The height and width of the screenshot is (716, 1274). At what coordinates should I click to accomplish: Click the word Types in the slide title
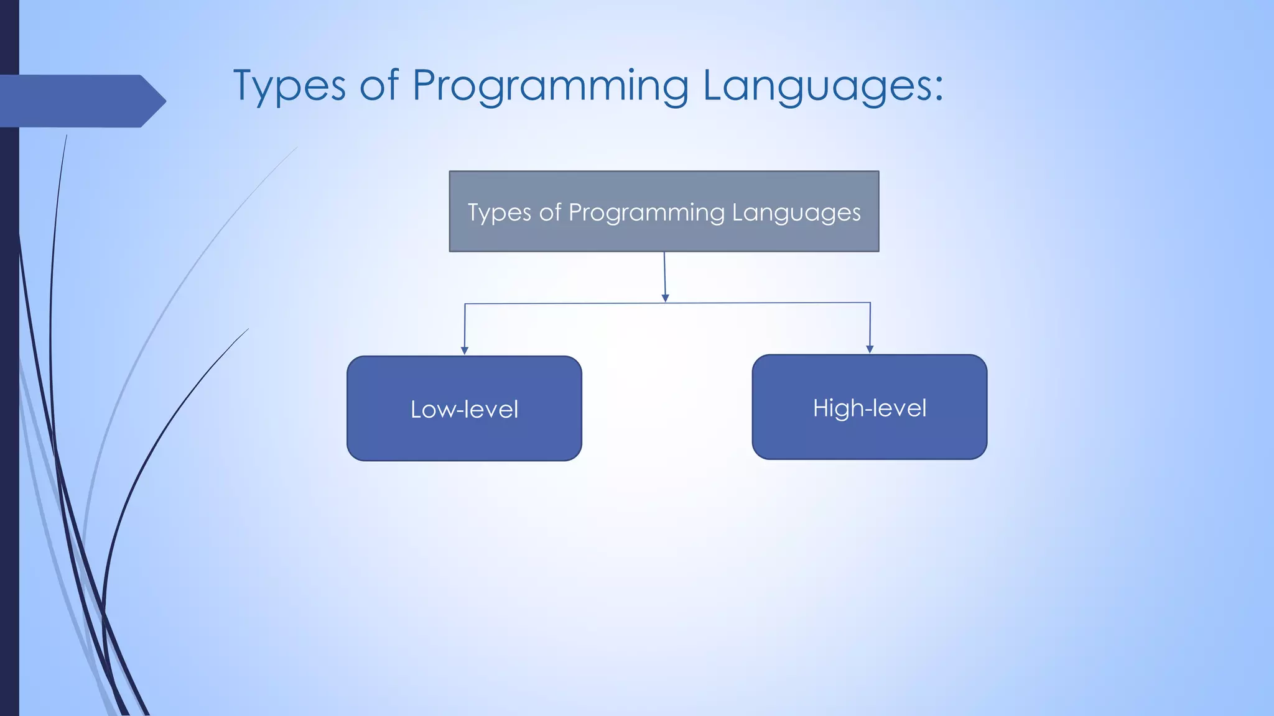click(x=289, y=86)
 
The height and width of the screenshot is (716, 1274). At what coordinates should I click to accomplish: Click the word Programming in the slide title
click(x=550, y=86)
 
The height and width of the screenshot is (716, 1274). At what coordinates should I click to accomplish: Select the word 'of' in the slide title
click(x=379, y=86)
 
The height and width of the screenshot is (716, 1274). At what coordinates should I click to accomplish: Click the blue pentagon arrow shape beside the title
click(x=81, y=101)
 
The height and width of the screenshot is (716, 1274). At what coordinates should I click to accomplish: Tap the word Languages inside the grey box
click(x=796, y=213)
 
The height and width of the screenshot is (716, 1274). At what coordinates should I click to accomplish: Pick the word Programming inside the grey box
click(x=647, y=213)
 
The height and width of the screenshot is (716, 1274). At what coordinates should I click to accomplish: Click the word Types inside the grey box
click(x=500, y=213)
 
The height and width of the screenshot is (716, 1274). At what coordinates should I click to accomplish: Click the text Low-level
click(x=464, y=410)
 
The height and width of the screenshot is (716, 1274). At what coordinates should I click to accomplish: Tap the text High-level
click(x=869, y=408)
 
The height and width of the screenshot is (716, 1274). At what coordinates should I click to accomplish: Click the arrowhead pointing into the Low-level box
click(x=464, y=351)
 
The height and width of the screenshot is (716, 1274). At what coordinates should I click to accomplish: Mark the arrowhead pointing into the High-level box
click(x=870, y=349)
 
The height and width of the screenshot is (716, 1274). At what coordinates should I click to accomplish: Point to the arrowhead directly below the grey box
click(x=665, y=298)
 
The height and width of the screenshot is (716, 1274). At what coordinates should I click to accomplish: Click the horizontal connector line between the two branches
click(x=560, y=304)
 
